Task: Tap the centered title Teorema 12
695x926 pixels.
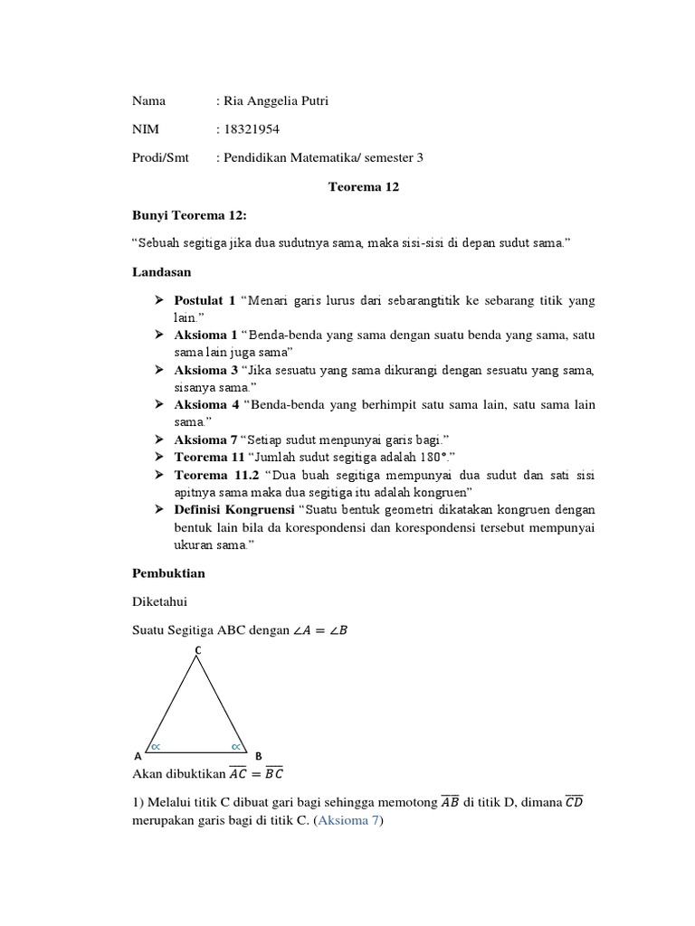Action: pos(362,187)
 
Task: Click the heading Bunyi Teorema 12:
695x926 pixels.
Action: pos(189,216)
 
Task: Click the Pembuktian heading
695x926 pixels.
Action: pos(169,574)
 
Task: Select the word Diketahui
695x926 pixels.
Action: pos(160,602)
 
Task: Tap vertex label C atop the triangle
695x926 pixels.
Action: pos(197,650)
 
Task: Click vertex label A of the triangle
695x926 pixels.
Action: pos(138,755)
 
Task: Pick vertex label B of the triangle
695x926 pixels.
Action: pos(259,755)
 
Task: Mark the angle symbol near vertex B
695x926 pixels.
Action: pos(236,746)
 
